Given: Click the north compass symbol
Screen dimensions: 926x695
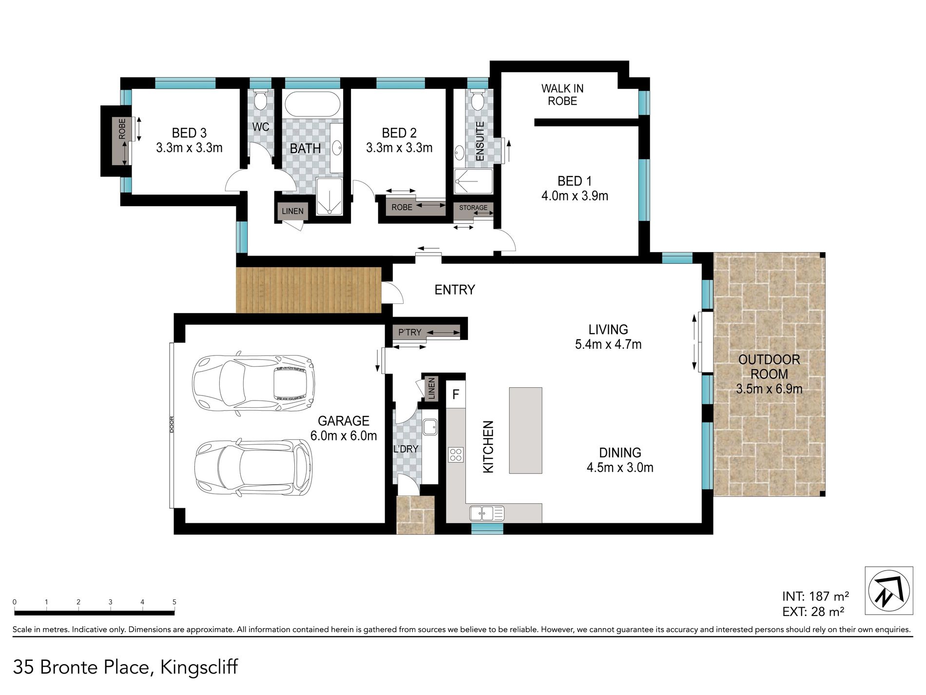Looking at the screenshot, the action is coord(888,591).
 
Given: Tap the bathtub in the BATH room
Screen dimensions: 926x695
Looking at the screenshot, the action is coord(312,104).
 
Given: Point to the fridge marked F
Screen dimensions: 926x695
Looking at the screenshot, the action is coord(456,394).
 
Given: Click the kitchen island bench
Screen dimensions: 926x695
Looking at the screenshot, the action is coord(525,430).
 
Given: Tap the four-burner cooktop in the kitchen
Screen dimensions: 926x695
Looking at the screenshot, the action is coord(456,455).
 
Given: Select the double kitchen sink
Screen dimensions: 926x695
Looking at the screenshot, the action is coord(487,513).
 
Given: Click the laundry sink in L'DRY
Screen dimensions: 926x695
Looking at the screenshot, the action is coord(430,427).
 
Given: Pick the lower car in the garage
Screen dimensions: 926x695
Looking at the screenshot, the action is coord(253,467).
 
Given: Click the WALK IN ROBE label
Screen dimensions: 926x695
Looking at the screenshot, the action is coord(562,95).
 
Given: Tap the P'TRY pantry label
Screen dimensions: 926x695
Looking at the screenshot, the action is coord(410,332).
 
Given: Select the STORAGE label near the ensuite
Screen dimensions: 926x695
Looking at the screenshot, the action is coord(473,207).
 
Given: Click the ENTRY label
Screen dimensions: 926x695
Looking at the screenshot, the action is coord(455,290).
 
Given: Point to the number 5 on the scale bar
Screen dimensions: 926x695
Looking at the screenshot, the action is coord(174,602).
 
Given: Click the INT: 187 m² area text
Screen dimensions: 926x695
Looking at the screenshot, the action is coord(816,596).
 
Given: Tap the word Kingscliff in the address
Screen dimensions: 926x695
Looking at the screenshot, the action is coord(199,667).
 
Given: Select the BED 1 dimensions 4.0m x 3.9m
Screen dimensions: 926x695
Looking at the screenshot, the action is coord(575,196).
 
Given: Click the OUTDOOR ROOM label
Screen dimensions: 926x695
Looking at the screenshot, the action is coord(769,367).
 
